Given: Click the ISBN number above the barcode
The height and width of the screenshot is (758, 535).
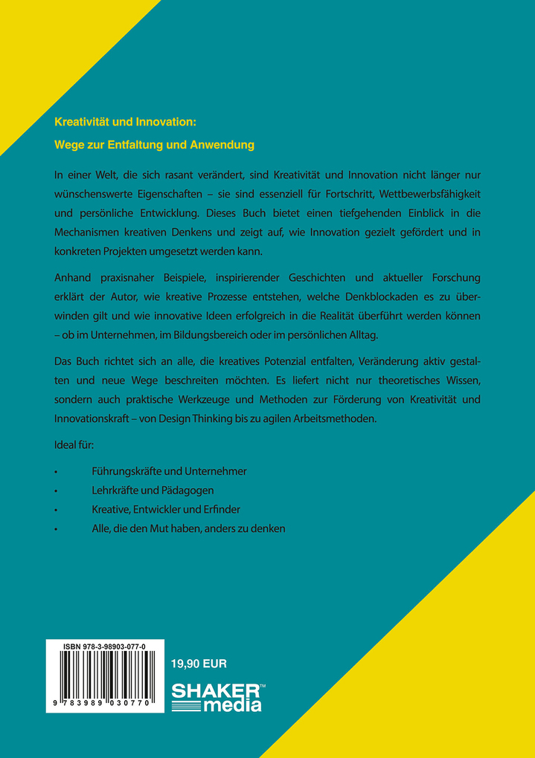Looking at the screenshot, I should pyautogui.click(x=105, y=647).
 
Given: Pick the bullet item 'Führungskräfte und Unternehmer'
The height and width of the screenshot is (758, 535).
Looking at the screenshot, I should pyautogui.click(x=169, y=471).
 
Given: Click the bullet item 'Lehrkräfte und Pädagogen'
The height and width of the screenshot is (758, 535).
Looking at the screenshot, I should pyautogui.click(x=153, y=490).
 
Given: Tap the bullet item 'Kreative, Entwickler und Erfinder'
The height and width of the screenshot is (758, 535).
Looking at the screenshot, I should pyautogui.click(x=166, y=510).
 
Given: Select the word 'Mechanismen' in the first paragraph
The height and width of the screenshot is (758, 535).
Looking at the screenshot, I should pyautogui.click(x=89, y=232).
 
